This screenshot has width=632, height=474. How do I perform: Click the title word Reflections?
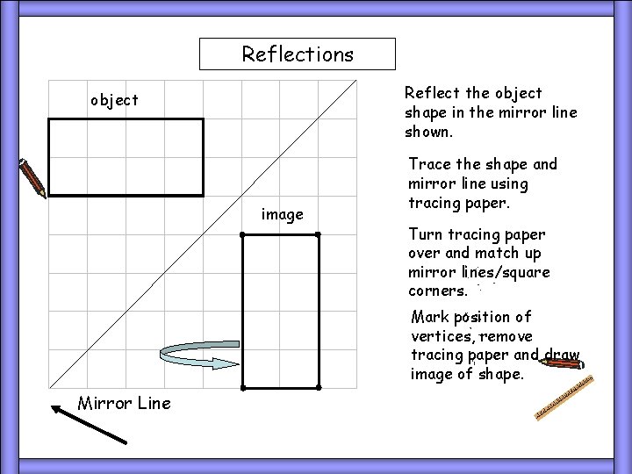(x=298, y=54)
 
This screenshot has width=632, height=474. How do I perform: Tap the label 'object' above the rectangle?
(x=114, y=100)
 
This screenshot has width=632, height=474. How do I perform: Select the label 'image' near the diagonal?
(x=283, y=214)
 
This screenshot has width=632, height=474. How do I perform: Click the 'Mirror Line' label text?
(x=125, y=403)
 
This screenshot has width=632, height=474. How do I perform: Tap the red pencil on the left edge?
(x=32, y=177)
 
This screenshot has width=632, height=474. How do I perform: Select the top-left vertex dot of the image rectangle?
(x=243, y=235)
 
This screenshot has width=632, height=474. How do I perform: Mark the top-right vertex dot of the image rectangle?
(x=319, y=235)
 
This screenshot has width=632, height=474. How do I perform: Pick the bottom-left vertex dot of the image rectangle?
(x=243, y=387)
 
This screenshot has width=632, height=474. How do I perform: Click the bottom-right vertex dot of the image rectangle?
(x=319, y=387)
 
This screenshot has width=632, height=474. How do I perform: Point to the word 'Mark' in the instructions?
(x=429, y=317)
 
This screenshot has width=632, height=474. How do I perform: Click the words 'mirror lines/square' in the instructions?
(x=479, y=272)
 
